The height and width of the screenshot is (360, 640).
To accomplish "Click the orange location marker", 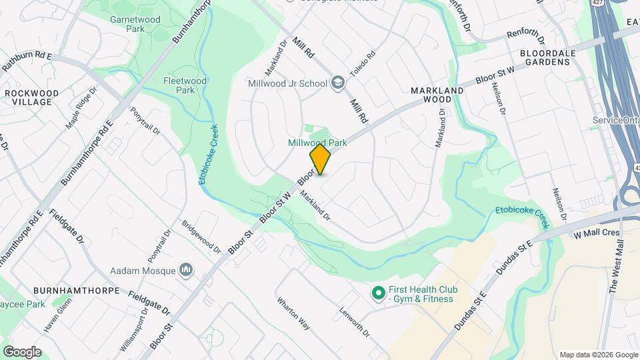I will coord(320,159).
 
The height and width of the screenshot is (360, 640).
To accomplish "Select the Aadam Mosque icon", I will coord(187,270).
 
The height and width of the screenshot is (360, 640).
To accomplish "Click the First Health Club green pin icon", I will coord(379,293).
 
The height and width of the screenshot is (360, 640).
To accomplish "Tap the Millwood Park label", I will coord(317,143).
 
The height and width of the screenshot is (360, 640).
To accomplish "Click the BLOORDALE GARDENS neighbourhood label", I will coord(545,56).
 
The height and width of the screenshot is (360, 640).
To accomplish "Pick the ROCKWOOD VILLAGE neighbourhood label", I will coord(27,97).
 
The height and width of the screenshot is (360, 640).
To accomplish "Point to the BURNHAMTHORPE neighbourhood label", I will coord(75,291).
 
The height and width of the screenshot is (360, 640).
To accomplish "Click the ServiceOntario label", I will coord(615,120).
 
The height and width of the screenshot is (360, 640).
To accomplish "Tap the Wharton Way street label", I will coord(294,313).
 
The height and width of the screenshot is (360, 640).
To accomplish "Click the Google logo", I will coord(22,351).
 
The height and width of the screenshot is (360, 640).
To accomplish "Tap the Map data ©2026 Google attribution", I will coord(597,355).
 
